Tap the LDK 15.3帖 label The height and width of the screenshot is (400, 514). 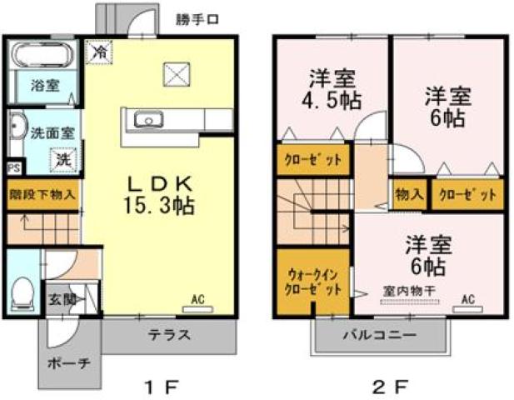click(161, 194)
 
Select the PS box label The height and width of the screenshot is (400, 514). click(13, 167)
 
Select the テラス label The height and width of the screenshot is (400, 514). click(169, 336)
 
